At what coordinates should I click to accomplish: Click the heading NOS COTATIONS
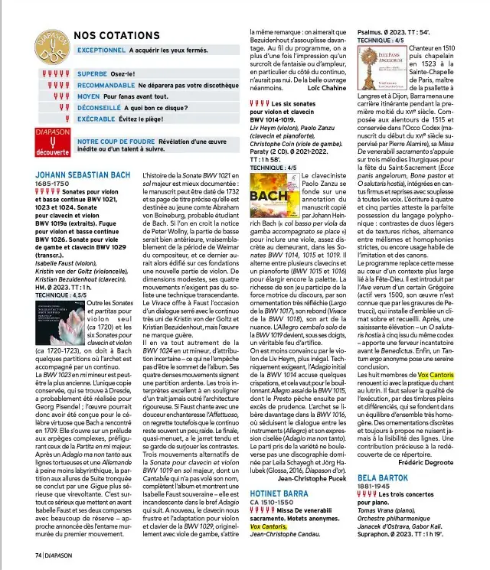(121, 34)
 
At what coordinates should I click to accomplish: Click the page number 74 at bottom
(38, 554)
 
